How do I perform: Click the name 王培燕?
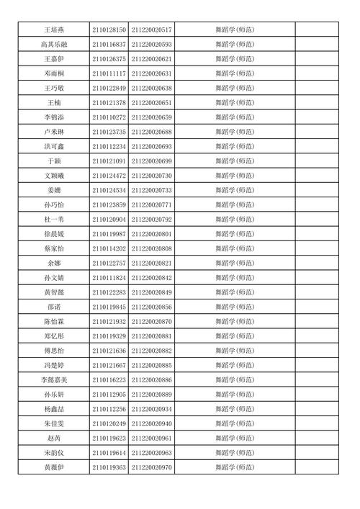54,30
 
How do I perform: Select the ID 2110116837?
109,45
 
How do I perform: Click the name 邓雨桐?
54,73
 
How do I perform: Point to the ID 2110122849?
109,88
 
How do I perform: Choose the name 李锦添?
54,117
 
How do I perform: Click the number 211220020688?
152,132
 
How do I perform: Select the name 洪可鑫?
54,147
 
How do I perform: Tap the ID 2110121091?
109,161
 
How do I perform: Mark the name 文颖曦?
54,176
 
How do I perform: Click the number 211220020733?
152,191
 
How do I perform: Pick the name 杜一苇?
54,220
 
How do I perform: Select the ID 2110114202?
109,249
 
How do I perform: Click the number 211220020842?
152,278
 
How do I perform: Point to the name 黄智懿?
54,292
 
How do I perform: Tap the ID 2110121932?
109,322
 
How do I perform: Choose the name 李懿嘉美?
54,380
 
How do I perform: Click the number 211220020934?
152,409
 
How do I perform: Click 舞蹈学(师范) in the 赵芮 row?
234,438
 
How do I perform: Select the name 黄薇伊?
54,468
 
